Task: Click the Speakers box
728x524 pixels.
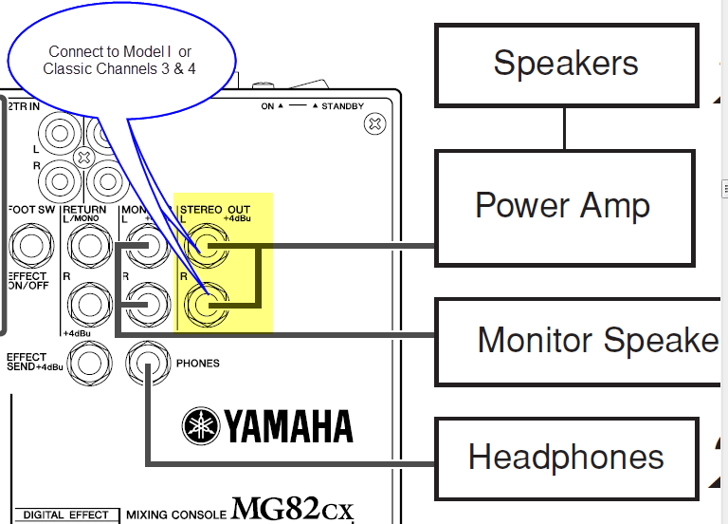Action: (x=565, y=65)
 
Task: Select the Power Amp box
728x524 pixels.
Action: (x=565, y=205)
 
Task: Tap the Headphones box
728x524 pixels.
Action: (x=565, y=457)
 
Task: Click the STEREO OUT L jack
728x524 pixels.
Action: (x=205, y=250)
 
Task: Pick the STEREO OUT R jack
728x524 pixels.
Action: (x=205, y=305)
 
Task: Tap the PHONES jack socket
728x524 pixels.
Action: (x=147, y=363)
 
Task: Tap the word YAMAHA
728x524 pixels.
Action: (x=287, y=425)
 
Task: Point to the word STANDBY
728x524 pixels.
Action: (x=343, y=106)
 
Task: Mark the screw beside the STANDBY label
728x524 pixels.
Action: (x=375, y=122)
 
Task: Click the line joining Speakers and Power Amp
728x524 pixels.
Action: (x=565, y=128)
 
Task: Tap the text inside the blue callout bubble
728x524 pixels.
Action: (x=120, y=60)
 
